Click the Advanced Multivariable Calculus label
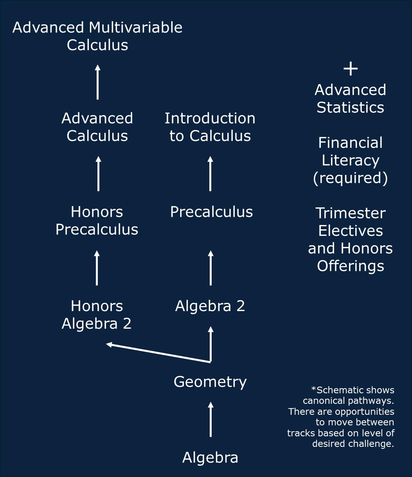tap(97, 36)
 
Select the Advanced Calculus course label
tap(97, 127)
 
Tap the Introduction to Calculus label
tap(210, 127)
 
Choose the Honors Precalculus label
tap(97, 220)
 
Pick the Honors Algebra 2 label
tap(97, 315)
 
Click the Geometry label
tap(210, 382)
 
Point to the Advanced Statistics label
tap(350, 99)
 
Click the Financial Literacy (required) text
tap(350, 160)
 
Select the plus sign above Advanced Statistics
tap(350, 69)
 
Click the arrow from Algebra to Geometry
tap(210, 419)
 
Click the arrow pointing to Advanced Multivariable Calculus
tap(97, 82)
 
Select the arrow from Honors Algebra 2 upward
tap(97, 268)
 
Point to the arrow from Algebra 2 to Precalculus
tap(210, 268)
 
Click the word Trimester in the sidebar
tap(350, 213)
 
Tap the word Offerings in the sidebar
tap(350, 266)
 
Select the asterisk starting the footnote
tap(313, 389)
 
